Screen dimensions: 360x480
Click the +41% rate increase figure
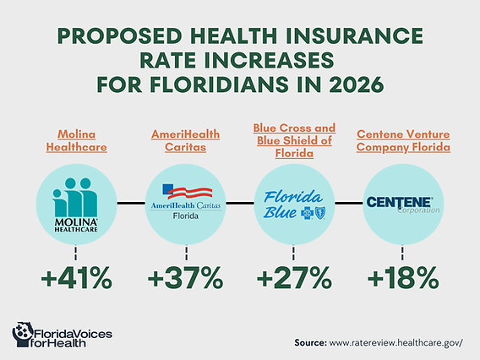click(x=75, y=278)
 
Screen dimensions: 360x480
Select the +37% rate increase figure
click(x=185, y=278)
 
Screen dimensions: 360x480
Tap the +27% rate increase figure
click(x=293, y=278)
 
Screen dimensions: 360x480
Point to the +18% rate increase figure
click(x=403, y=278)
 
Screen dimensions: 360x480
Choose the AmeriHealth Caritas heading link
click(x=185, y=142)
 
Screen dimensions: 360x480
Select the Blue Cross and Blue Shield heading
click(x=293, y=140)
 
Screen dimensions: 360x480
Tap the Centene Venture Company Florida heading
click(x=403, y=142)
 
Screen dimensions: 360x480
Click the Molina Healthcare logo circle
click(x=75, y=203)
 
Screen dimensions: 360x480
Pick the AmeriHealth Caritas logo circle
click(x=185, y=203)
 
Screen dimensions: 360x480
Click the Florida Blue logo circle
click(x=293, y=203)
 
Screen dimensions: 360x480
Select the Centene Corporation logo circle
click(x=403, y=203)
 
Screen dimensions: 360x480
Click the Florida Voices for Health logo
click(x=64, y=335)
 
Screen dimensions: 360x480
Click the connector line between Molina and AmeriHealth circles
click(x=130, y=203)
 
